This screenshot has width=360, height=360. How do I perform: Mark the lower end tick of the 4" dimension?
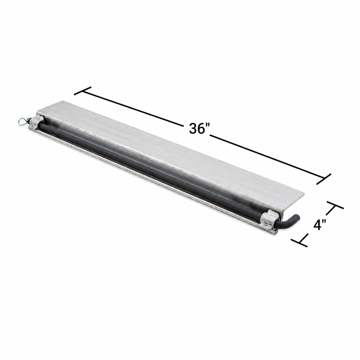tap(299, 242)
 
